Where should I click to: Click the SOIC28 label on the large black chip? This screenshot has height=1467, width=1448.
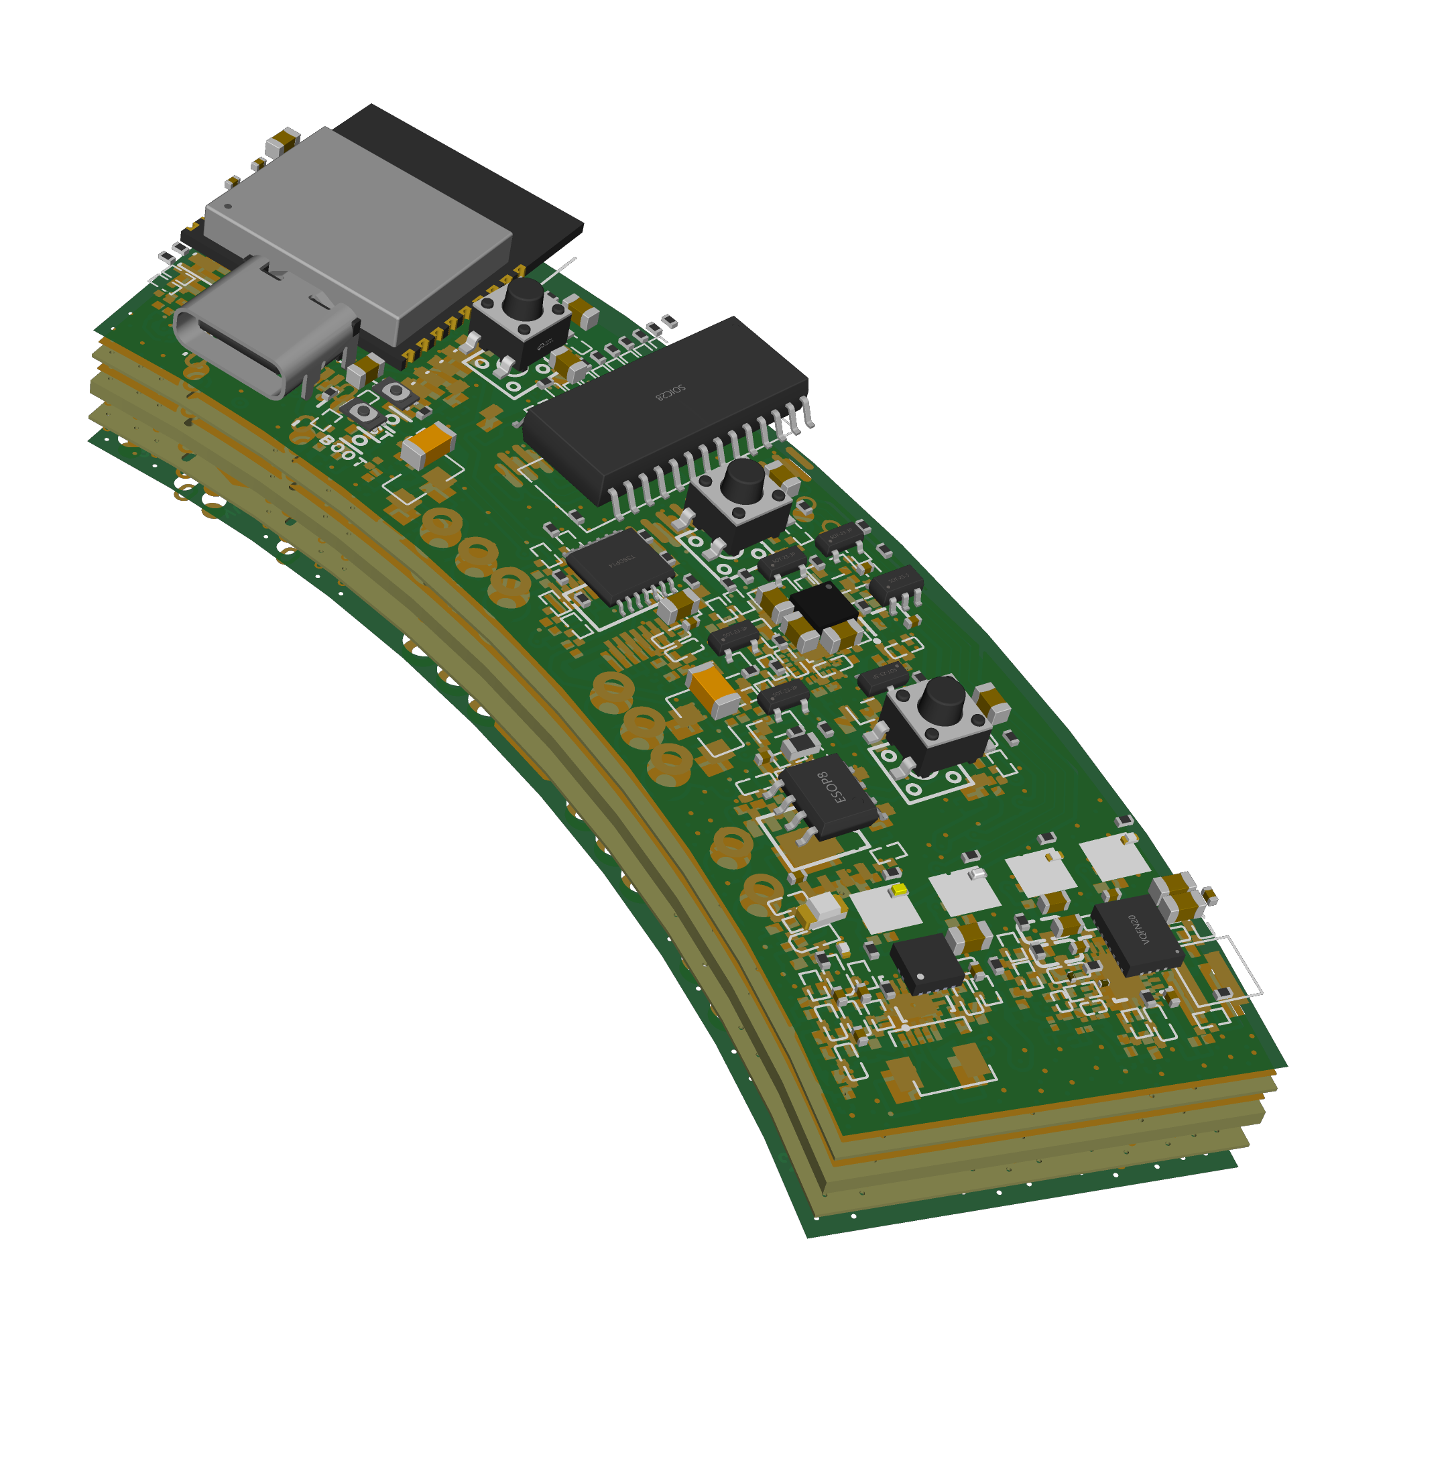[670, 392]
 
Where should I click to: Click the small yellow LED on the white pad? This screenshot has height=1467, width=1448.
[899, 889]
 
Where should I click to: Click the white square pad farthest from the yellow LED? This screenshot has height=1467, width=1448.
[1114, 858]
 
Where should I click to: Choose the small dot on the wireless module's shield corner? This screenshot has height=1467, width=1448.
[228, 206]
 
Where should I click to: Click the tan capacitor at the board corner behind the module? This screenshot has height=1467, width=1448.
[282, 141]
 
